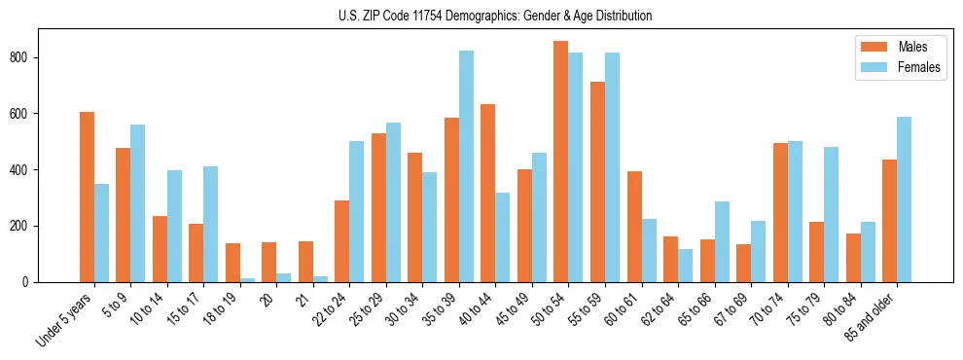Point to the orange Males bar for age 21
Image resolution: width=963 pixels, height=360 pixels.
tap(305, 262)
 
